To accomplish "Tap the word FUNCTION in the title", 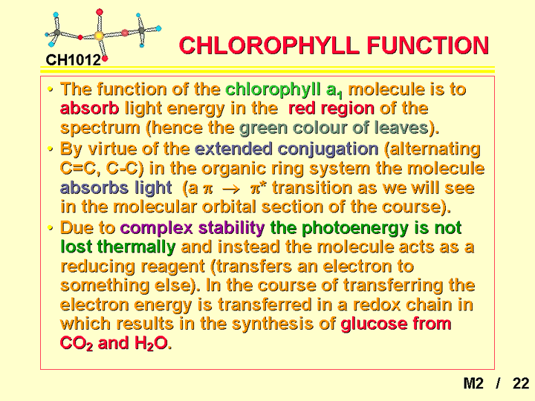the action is coord(428,45).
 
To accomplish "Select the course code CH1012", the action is coord(74,60).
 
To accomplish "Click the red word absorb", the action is coord(89,108).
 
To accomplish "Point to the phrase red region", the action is coord(331,109).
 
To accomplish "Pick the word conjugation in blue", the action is coord(328,149).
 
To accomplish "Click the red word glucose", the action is coord(374,324).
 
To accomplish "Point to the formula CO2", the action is coord(77,343).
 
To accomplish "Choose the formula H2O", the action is coord(151,343).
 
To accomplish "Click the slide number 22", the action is coord(521,384).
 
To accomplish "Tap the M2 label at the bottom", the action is coord(473,384).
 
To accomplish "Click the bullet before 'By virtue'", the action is coord(51,149).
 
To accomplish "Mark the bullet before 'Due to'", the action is coord(51,228).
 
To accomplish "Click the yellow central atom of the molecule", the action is coord(99,35).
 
